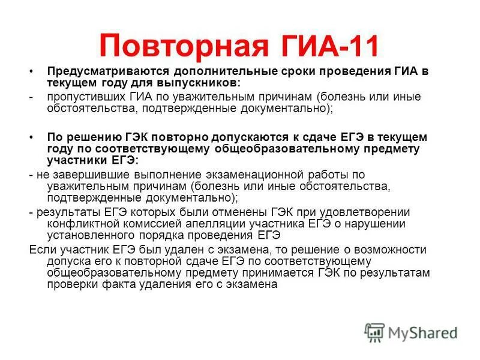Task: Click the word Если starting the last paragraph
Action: (x=41, y=250)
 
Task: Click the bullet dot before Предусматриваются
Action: (x=31, y=71)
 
